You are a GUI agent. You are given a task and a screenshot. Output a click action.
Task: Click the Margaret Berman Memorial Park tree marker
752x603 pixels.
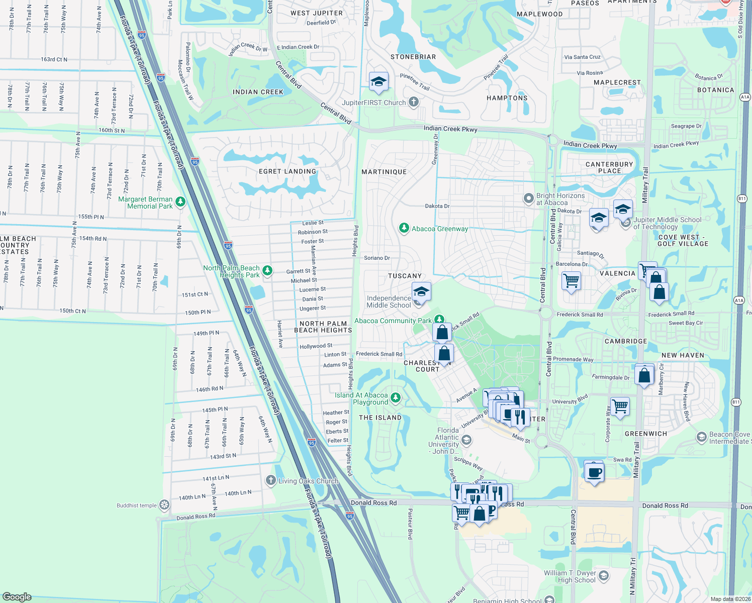coord(180,202)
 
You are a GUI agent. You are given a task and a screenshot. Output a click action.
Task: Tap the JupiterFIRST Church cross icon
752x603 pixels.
coord(414,103)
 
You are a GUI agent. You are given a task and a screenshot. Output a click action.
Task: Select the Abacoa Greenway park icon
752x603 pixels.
coord(404,228)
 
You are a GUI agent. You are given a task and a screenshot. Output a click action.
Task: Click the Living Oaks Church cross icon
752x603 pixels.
coord(271,481)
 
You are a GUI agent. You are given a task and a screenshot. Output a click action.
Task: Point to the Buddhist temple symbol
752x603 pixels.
coord(164,505)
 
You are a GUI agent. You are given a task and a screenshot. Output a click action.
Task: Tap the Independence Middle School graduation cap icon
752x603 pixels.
coord(421,292)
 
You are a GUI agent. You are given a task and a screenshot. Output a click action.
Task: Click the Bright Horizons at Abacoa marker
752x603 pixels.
coord(528,198)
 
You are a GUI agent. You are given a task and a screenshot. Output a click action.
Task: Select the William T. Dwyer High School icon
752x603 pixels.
coord(604,575)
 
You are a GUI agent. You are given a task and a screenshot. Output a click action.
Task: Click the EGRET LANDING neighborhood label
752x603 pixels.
coord(288,171)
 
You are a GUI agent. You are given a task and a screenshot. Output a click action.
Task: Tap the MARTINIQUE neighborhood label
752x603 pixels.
coord(384,172)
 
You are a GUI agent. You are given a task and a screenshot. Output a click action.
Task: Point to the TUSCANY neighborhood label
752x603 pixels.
coord(405,276)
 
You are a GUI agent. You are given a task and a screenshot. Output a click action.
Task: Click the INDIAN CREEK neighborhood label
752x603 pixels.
coord(258,92)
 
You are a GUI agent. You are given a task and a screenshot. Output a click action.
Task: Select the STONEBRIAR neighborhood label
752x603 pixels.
coord(413,57)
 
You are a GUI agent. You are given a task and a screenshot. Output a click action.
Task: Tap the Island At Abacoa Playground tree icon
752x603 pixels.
coord(396,398)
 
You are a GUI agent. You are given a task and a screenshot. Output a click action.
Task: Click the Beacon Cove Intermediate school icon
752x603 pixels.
coord(702,437)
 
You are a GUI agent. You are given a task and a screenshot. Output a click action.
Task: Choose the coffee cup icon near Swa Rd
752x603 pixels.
coord(594,472)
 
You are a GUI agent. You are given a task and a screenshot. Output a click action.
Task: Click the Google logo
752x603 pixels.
coord(17,596)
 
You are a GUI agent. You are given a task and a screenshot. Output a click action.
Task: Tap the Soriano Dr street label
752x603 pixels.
coord(377,258)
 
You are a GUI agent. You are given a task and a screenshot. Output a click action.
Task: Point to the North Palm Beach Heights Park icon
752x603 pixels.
coord(267,271)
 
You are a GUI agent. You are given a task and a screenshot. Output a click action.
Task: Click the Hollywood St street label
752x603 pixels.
coord(316,346)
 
